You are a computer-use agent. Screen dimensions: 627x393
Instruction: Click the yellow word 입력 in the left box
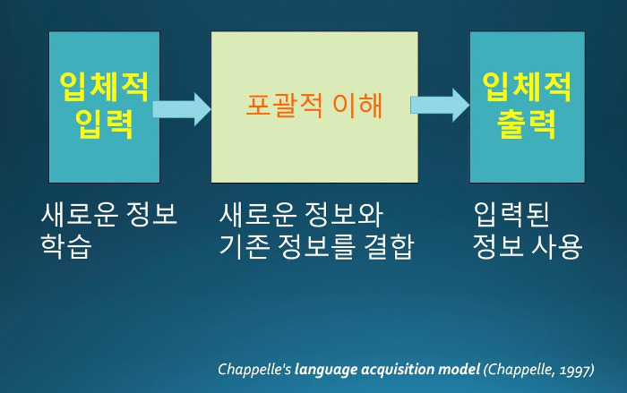104,124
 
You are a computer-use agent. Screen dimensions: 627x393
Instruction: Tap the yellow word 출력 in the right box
527,124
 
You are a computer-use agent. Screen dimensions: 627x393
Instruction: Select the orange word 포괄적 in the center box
284,105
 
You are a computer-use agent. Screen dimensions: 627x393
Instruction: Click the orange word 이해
358,105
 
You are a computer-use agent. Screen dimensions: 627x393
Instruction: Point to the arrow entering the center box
182,109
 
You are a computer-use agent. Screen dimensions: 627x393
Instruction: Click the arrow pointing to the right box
440,105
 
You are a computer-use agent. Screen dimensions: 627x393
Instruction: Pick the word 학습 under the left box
66,246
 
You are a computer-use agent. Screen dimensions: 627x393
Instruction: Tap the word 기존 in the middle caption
244,246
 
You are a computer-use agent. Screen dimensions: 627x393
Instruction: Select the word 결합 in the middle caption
389,246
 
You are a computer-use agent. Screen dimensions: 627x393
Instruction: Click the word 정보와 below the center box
343,214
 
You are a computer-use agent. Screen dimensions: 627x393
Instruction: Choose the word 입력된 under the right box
511,214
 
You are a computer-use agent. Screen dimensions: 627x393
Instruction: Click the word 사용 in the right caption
556,246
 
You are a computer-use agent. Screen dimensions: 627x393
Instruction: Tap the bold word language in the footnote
326,370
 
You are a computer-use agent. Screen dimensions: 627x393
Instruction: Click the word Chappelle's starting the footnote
254,370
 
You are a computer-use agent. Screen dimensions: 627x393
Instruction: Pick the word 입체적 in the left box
104,87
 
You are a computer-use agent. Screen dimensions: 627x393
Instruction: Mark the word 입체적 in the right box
527,87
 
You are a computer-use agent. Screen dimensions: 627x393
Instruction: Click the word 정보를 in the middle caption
316,246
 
